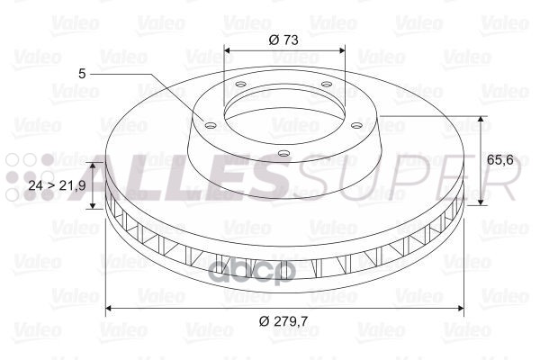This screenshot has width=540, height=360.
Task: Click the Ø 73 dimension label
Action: pyautogui.click(x=283, y=40)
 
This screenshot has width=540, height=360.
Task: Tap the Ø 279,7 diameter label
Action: pyautogui.click(x=283, y=321)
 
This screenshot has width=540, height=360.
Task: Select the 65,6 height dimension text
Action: pyautogui.click(x=500, y=159)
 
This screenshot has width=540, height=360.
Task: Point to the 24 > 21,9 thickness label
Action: pyautogui.click(x=58, y=185)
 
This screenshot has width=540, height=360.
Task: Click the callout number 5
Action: pyautogui.click(x=82, y=74)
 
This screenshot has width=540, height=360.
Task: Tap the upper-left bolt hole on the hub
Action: pyautogui.click(x=240, y=84)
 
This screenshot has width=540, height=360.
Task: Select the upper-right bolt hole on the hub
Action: pyautogui.click(x=326, y=84)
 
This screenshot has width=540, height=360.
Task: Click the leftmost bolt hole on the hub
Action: pyautogui.click(x=210, y=125)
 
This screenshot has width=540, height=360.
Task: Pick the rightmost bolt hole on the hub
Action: pyautogui.click(x=357, y=125)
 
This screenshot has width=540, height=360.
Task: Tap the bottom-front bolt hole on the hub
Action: pyautogui.click(x=283, y=153)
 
